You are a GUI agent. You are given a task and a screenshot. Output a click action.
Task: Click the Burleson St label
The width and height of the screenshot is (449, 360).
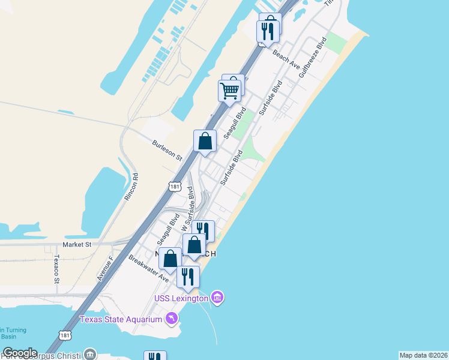167,150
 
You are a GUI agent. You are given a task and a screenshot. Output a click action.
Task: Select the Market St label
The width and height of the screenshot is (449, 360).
77,245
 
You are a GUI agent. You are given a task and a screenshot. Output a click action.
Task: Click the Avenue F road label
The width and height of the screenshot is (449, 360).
105,270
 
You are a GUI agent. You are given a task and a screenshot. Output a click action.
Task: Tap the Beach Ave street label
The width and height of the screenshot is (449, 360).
286,59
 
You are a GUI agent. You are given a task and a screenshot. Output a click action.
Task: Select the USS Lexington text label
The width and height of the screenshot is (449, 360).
181,298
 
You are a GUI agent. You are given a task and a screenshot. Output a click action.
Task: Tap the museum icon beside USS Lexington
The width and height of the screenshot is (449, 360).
217,298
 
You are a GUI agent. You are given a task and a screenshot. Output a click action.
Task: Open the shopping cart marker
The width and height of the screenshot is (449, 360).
229,91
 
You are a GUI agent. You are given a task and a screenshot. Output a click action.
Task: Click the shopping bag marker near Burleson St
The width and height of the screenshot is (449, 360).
205,142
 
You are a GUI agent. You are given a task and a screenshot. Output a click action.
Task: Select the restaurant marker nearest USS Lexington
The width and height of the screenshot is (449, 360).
188,277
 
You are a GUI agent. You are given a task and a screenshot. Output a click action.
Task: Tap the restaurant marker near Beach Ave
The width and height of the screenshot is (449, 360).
268,31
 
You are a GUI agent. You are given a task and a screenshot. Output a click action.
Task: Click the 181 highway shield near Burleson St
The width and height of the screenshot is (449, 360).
175,187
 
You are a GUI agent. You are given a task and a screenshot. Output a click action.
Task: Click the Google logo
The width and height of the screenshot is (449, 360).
20,353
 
